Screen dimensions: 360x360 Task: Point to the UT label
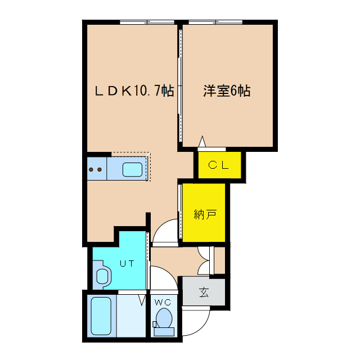[126, 263]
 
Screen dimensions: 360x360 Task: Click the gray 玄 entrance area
[203, 292]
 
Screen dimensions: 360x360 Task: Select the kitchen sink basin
[133, 169]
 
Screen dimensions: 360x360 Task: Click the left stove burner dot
[92, 169]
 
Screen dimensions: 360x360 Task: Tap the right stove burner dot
[100, 169]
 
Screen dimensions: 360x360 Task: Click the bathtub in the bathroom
[101, 316]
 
